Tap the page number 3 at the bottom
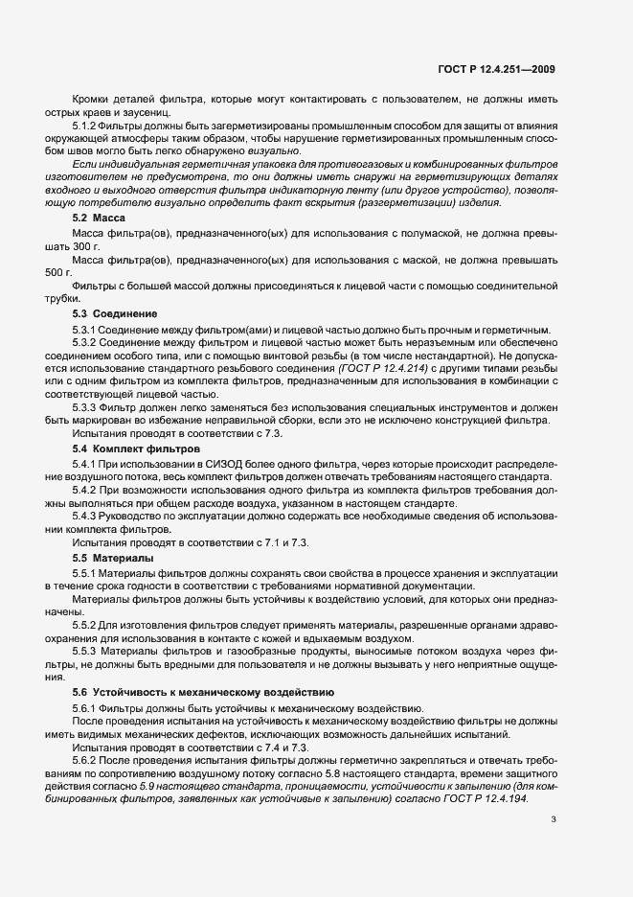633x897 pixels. (554, 819)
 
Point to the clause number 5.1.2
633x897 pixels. (84, 126)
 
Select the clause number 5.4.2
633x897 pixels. (84, 490)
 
